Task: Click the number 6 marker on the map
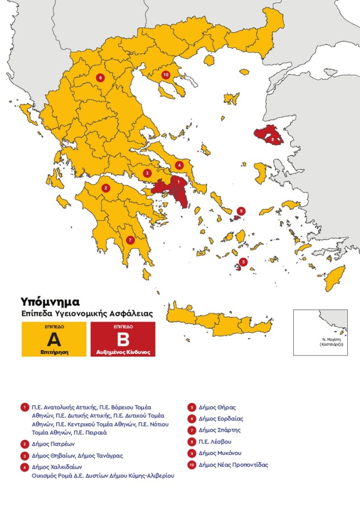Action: [x=100, y=77]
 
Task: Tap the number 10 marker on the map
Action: [x=166, y=75]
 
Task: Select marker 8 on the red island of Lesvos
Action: [x=273, y=140]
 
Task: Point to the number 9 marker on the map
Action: [x=240, y=211]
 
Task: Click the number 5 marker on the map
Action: [x=244, y=262]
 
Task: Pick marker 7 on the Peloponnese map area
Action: [x=129, y=240]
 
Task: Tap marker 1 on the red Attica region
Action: [x=179, y=182]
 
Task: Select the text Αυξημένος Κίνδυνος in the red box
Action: [x=123, y=352]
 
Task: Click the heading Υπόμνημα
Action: [x=50, y=301]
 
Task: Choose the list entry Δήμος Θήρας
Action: [x=217, y=407]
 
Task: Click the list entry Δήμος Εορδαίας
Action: [x=221, y=419]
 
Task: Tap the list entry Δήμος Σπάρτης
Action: [x=220, y=430]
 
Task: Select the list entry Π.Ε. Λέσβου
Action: [x=215, y=442]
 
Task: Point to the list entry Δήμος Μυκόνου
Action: [x=220, y=453]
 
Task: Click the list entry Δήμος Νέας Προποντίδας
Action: [x=233, y=464]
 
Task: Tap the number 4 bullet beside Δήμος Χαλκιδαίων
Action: [x=24, y=467]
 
